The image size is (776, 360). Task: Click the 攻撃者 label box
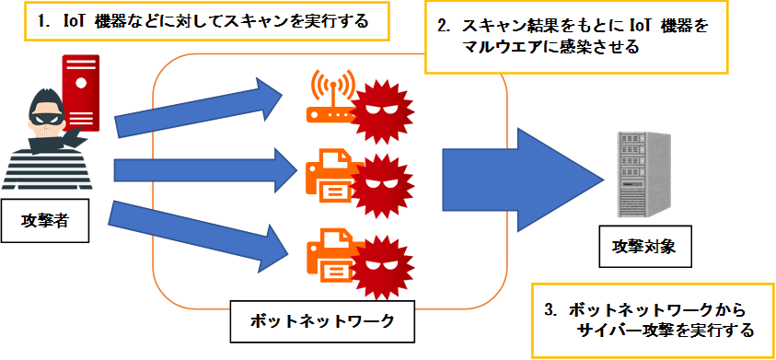tap(44, 221)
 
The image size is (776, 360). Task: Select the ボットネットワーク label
tap(322, 320)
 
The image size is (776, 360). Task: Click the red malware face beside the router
tap(383, 112)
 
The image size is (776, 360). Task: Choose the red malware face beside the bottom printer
tap(383, 268)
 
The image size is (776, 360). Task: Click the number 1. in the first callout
tap(45, 22)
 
